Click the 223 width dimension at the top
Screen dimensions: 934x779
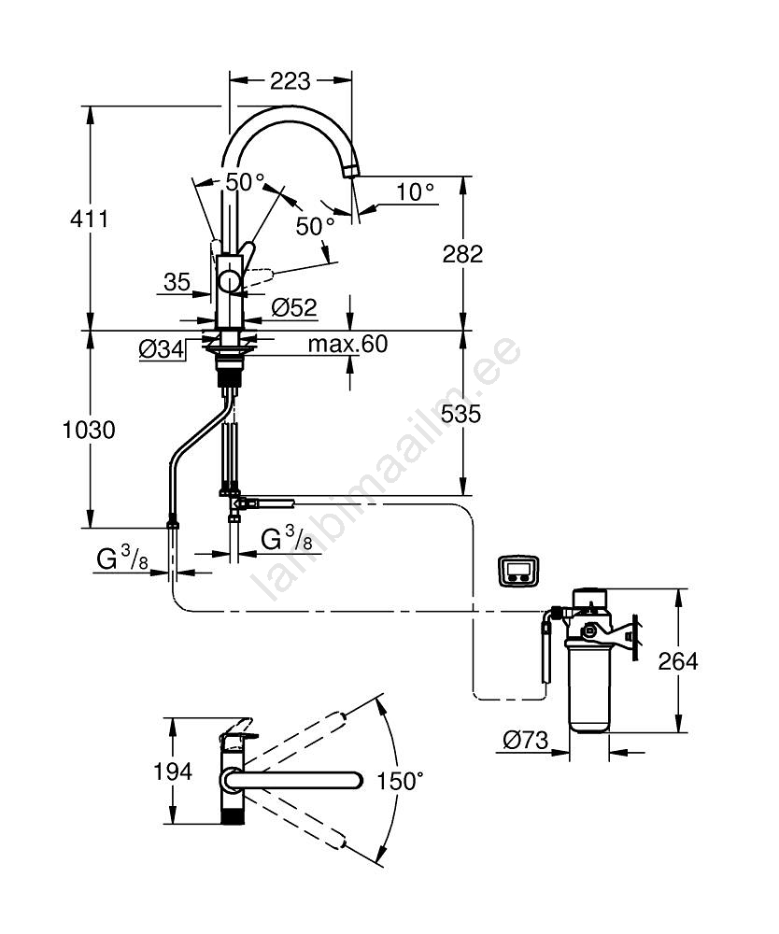click(x=290, y=82)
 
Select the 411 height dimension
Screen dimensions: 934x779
click(x=90, y=219)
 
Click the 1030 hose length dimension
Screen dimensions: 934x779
click(x=90, y=431)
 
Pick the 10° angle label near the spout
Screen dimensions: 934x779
click(x=415, y=192)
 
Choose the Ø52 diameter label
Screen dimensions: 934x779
click(x=294, y=306)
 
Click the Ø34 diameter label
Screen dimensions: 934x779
click(x=160, y=349)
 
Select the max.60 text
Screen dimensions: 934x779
click(x=347, y=345)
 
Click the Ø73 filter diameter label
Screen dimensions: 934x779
click(x=524, y=740)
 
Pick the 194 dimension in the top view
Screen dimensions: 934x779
click(x=174, y=771)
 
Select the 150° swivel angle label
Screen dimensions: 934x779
click(x=401, y=781)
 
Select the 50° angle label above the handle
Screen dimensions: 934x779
click(x=246, y=182)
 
